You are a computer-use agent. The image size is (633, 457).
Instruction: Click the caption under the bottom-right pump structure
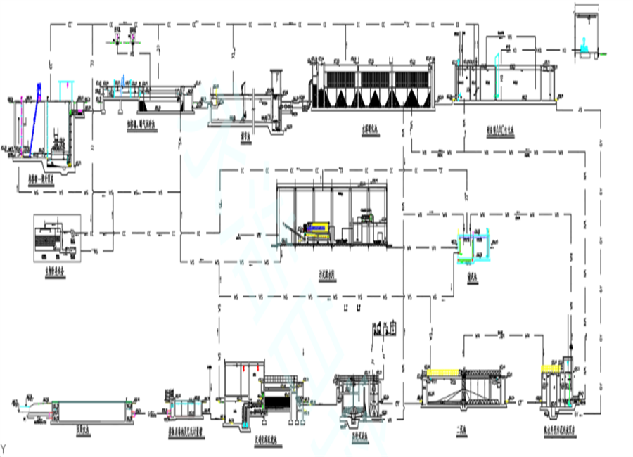pos(559,429)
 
